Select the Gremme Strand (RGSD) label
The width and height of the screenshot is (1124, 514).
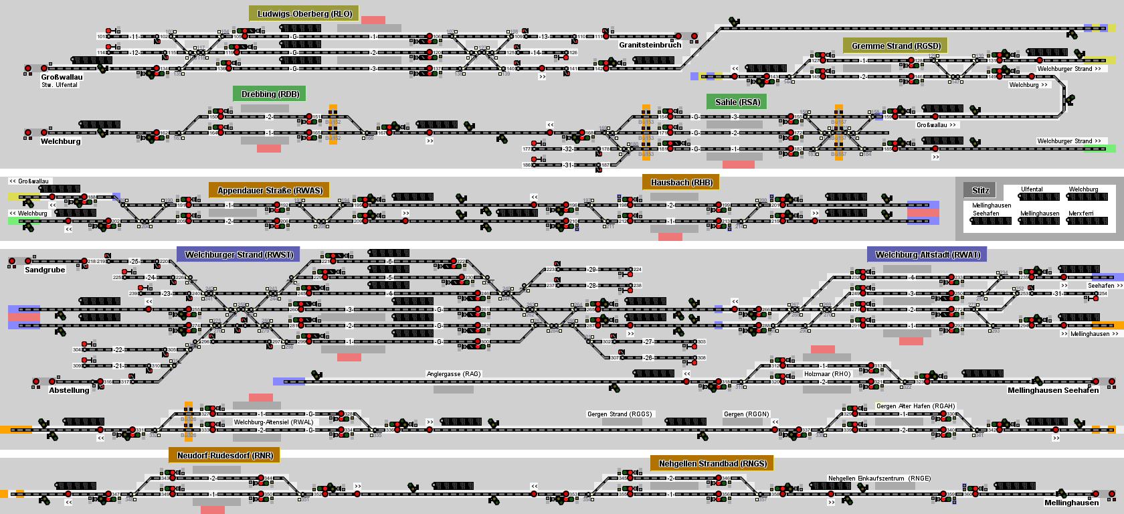(896, 46)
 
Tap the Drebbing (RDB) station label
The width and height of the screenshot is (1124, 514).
(270, 94)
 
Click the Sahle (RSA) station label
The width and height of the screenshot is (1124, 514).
(737, 102)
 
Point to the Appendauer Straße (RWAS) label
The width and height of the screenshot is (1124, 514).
(270, 191)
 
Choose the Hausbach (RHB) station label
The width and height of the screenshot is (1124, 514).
(681, 183)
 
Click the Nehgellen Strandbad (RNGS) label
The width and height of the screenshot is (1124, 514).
(712, 464)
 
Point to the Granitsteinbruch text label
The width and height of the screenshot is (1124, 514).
(650, 45)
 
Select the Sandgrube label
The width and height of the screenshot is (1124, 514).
(45, 270)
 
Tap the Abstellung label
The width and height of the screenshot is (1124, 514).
(68, 390)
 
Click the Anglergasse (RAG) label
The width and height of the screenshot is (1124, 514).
(454, 374)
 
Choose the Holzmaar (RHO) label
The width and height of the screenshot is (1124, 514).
(827, 374)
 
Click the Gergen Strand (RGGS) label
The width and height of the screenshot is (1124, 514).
(619, 414)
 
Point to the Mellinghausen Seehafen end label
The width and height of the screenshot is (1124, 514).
(1053, 390)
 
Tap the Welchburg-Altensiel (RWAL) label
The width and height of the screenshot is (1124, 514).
(273, 422)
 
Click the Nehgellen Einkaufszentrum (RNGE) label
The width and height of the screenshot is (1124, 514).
(879, 479)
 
